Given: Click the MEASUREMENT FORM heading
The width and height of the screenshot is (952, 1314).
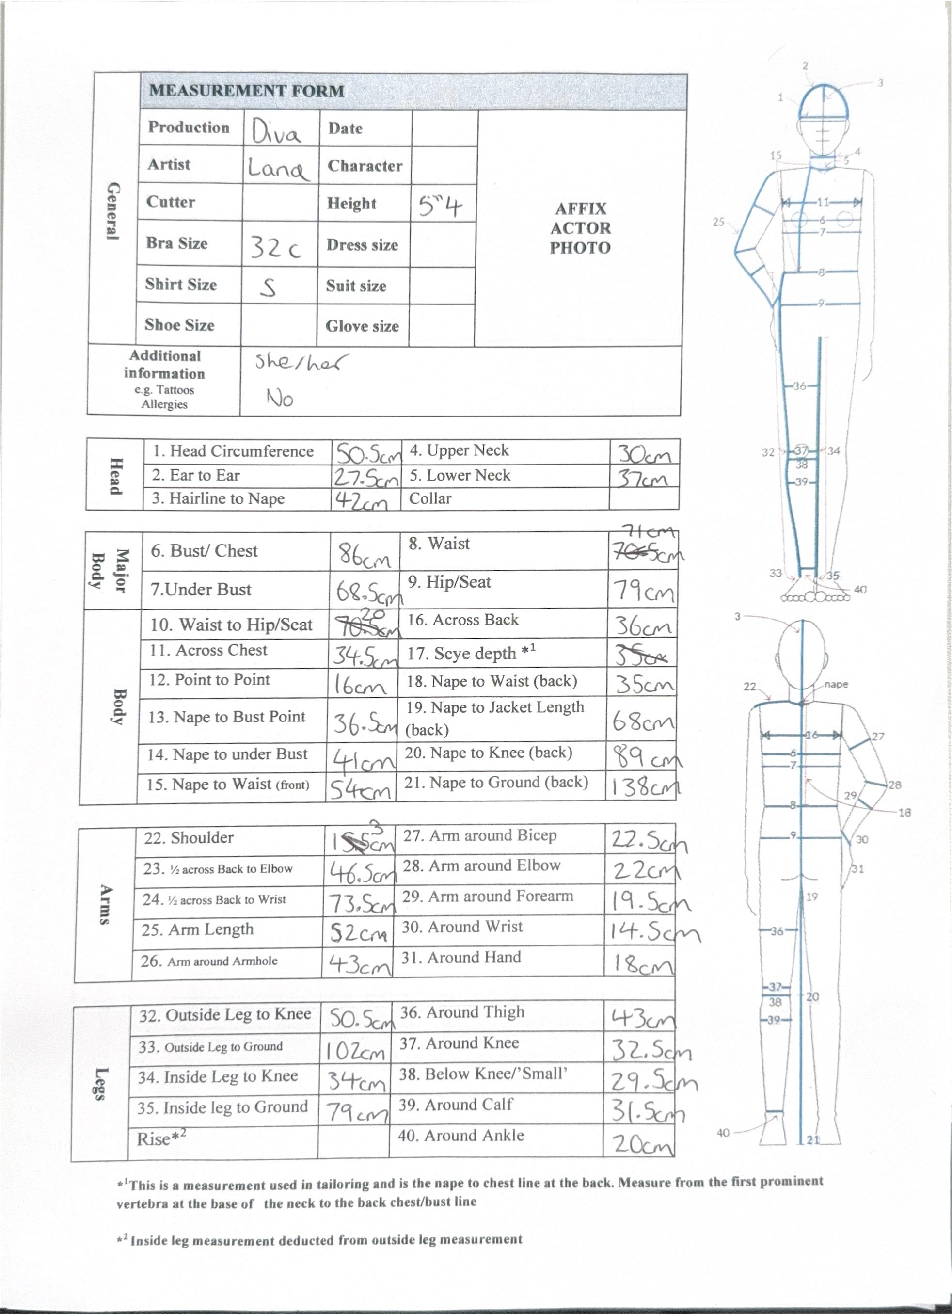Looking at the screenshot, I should coord(247,91).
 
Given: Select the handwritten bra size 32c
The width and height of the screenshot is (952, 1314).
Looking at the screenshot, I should coord(276,248).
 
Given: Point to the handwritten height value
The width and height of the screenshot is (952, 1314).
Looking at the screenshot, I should coord(440,206).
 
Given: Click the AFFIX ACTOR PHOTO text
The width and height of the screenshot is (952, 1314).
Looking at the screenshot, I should coord(580,228).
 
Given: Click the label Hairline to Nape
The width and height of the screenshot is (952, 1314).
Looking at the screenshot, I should coord(218,499).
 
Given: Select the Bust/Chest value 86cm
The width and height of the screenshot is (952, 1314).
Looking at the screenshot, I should coord(365,556).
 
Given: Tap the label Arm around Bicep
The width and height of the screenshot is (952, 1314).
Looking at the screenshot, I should coord(480,835).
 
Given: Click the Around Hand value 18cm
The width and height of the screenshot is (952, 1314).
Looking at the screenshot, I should coord(643,964).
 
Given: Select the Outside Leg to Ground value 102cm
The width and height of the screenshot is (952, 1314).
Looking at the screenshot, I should coord(355,1050).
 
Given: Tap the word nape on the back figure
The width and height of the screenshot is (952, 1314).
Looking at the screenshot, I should coord(836,684).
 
